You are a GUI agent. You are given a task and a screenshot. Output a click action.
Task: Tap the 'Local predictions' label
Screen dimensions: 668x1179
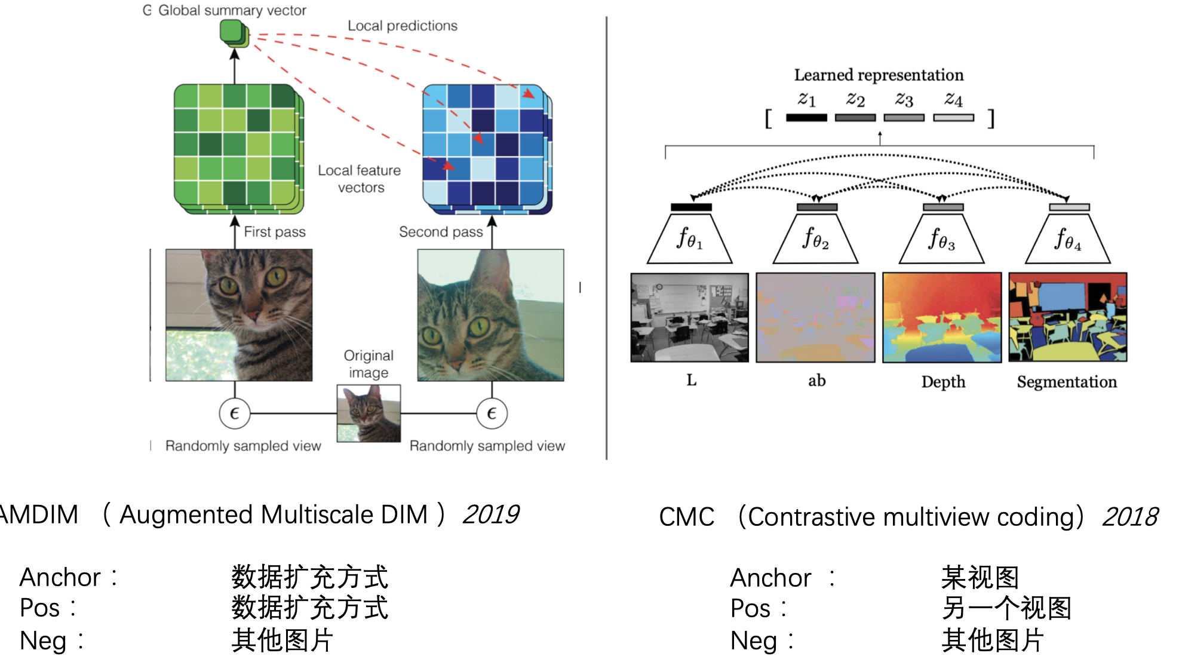tap(402, 26)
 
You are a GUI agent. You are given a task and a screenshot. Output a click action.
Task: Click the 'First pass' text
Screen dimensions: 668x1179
tap(274, 232)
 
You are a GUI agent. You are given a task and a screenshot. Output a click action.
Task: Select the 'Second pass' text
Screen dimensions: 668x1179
tap(440, 232)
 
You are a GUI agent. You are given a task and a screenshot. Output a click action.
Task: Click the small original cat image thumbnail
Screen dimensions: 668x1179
tap(369, 413)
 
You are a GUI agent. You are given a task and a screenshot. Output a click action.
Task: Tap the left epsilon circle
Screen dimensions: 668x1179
tap(234, 413)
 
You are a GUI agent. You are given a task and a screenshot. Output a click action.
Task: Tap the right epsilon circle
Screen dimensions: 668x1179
tap(492, 413)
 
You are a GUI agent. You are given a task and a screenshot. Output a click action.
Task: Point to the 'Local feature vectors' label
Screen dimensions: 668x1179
tap(359, 179)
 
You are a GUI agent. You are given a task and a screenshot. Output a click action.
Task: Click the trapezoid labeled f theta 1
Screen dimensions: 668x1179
tap(690, 239)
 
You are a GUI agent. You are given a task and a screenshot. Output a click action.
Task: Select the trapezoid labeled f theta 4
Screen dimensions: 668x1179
tap(1067, 239)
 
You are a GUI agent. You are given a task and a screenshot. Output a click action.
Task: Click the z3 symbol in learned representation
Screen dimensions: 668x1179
tap(904, 99)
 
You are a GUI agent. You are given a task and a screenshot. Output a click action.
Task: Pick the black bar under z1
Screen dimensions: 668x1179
tap(806, 118)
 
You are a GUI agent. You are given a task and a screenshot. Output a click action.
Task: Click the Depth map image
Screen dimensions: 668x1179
tap(942, 317)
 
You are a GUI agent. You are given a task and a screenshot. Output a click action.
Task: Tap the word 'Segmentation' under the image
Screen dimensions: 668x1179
tap(1067, 382)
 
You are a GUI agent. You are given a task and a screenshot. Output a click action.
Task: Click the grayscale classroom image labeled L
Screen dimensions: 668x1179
tap(690, 317)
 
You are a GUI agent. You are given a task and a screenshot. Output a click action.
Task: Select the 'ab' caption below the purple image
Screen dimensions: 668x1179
tap(816, 381)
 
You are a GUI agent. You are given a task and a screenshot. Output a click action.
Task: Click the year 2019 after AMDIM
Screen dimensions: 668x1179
tap(491, 514)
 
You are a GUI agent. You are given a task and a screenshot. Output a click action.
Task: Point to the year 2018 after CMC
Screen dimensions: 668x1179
tap(1130, 517)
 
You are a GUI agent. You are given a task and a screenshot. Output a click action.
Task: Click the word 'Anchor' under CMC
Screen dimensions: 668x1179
tap(770, 578)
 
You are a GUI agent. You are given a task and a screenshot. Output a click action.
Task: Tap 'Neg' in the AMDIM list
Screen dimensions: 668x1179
tap(43, 641)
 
